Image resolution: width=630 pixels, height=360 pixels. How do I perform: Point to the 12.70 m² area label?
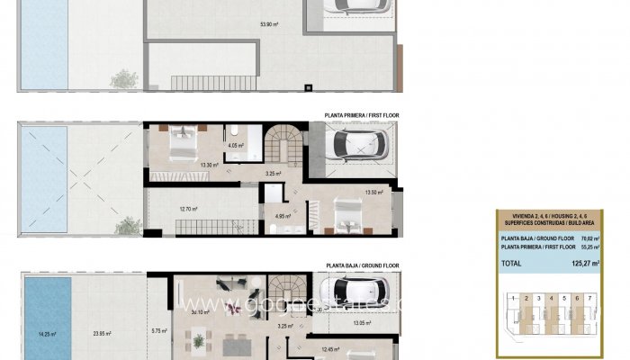coord(188,210)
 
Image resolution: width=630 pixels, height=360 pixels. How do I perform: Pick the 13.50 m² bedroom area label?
coord(374,192)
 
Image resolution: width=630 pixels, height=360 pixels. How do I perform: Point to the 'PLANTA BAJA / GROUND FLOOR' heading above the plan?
coord(363,266)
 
